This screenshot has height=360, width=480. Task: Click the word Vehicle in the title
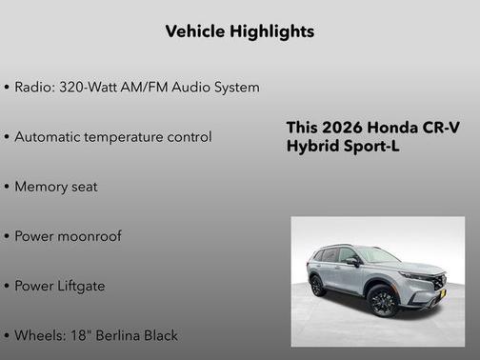tap(195, 31)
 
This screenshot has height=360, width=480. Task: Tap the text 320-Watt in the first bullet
tap(90, 88)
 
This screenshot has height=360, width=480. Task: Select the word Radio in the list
tap(34, 88)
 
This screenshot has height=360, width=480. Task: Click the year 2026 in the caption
tap(340, 128)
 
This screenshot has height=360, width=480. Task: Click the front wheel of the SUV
tap(383, 302)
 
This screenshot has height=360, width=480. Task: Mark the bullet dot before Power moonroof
tap(7, 236)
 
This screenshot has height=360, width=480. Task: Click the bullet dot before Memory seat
tap(7, 187)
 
